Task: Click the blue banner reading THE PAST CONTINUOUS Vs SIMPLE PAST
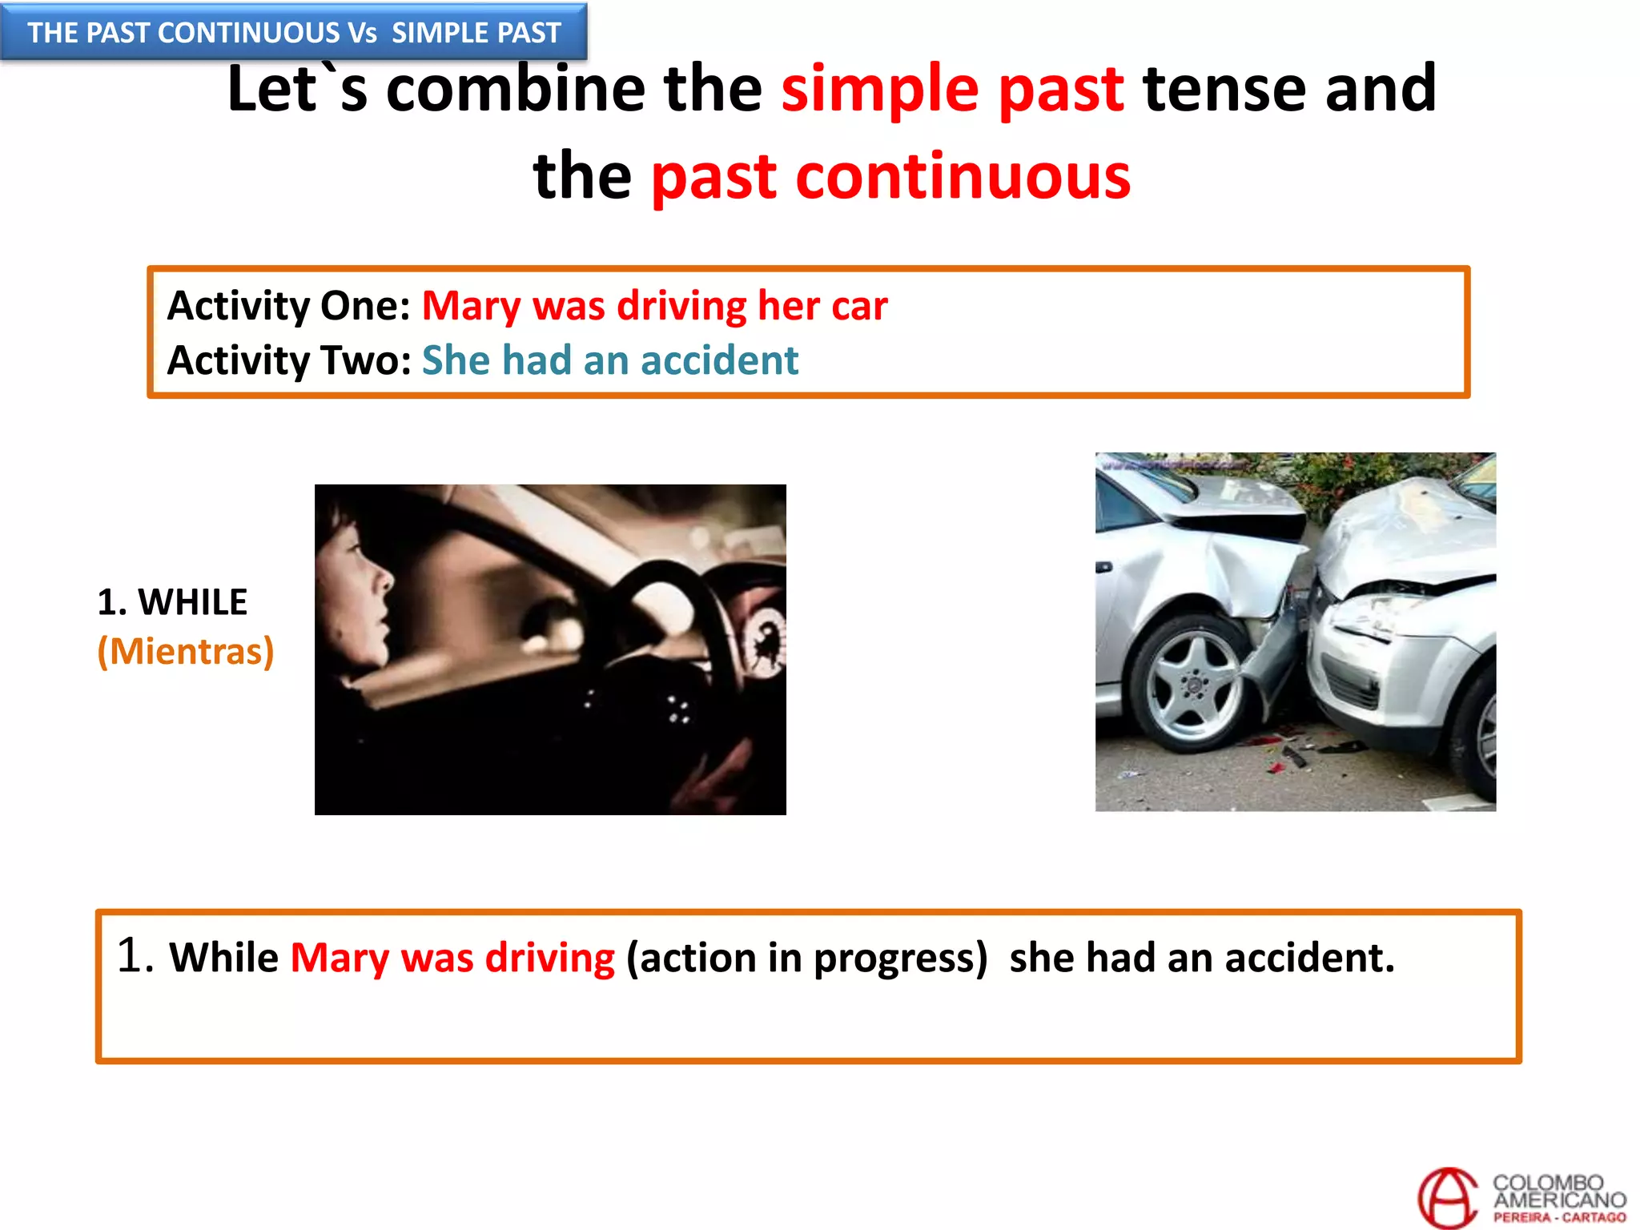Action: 294,33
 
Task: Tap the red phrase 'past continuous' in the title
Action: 890,176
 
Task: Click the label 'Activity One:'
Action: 288,306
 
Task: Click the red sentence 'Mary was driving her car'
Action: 654,306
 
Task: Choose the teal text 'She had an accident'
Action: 610,360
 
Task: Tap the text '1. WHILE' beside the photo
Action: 172,602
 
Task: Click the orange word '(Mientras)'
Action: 186,652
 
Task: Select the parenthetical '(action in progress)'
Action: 806,958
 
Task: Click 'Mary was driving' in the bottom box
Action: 452,958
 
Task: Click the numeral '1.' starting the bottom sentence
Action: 135,956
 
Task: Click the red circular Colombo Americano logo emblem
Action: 1448,1198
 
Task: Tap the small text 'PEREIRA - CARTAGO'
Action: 1559,1218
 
